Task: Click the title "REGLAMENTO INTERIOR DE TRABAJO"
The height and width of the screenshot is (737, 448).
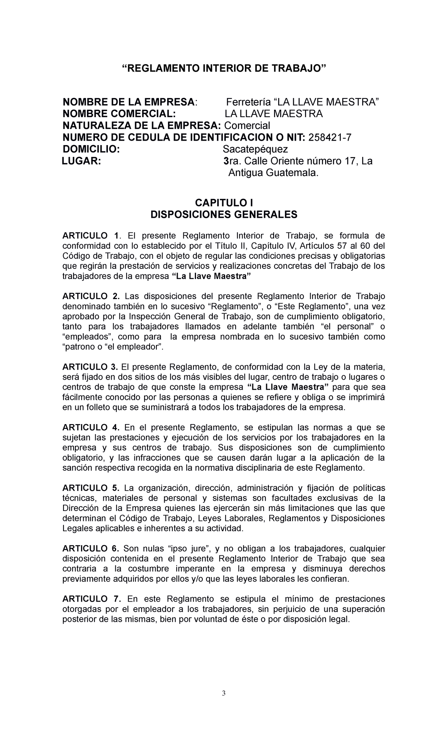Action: coord(224,69)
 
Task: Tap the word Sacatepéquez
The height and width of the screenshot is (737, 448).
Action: coord(255,150)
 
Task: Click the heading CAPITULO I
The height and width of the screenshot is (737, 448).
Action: coord(224,203)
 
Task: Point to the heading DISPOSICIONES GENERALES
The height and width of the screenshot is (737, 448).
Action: coord(224,215)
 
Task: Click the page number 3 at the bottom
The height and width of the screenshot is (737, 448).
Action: coord(224,704)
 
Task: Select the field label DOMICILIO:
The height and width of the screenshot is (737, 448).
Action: coord(91,150)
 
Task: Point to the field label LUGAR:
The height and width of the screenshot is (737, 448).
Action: coord(81,161)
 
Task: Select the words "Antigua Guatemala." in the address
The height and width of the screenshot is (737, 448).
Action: coord(274,173)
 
